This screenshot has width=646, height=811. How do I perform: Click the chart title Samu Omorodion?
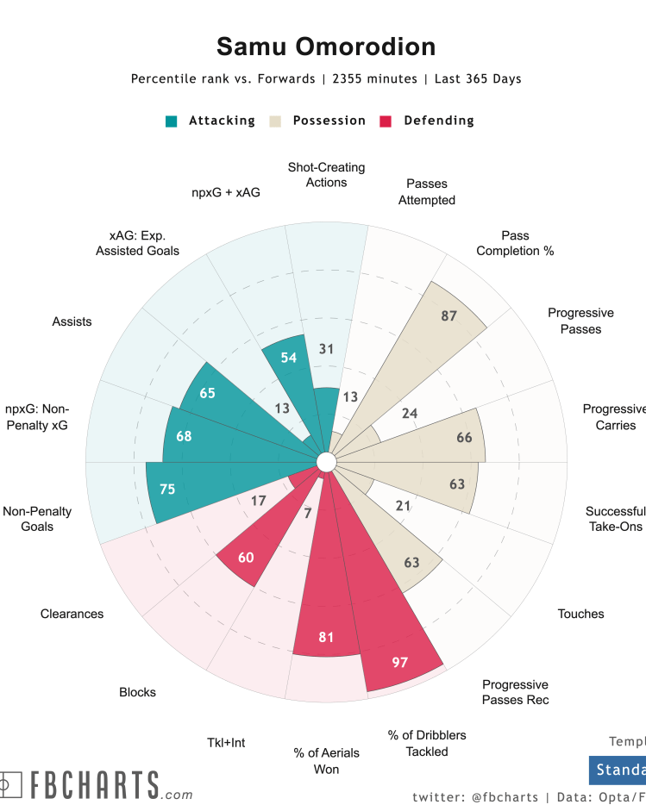326,46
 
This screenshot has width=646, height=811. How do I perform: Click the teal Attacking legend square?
172,122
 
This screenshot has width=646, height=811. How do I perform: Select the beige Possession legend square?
276,122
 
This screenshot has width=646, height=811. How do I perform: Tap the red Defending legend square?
386,122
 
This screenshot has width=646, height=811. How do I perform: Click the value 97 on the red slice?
399,663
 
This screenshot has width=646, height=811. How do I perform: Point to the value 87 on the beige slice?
448,316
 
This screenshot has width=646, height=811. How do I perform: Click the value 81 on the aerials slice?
326,638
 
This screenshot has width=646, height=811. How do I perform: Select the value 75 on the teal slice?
167,489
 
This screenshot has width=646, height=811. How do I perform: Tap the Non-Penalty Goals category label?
37,519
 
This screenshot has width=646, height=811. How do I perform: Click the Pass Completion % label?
515,243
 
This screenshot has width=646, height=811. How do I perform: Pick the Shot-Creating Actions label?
326,175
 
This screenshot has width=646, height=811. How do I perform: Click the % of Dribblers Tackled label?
427,743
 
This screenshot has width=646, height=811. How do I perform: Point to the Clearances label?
72,614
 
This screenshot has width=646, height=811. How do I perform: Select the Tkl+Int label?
226,742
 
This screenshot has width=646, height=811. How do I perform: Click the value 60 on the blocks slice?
246,558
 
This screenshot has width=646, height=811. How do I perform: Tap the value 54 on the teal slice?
289,358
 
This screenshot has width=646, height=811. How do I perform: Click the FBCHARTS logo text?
95,785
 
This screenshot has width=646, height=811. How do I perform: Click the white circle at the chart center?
326,463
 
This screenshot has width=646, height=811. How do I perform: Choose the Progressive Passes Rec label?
515,692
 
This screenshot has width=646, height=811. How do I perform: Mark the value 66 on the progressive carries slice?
464,437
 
